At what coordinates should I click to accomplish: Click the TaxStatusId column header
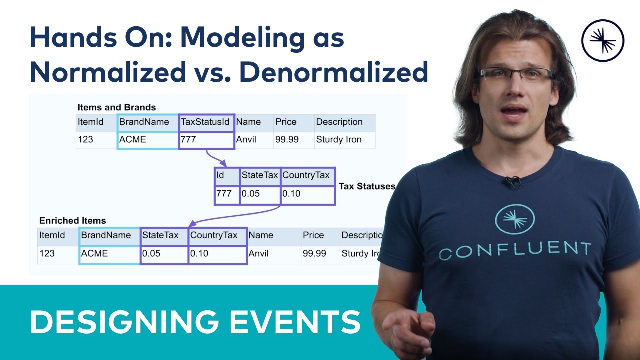point(206,122)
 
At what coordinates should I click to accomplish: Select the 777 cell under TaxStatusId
point(206,140)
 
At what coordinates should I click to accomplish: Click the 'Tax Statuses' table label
point(367,186)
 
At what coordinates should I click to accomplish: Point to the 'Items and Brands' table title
point(117,107)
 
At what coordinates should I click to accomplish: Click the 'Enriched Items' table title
point(73,220)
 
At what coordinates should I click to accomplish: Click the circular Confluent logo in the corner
point(603,40)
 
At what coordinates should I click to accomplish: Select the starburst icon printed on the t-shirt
point(515,218)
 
